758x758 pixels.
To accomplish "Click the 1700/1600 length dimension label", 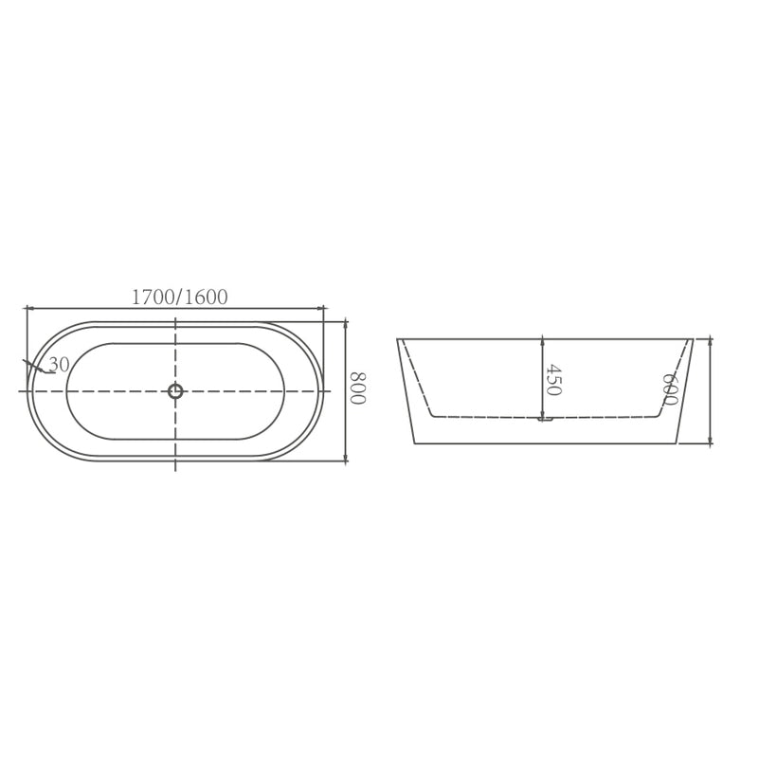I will pos(179,298).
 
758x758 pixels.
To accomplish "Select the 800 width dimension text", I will pos(357,388).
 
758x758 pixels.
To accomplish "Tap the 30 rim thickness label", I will pos(59,365).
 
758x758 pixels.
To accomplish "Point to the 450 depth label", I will pos(553,380).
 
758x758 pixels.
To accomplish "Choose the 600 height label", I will pos(670,389).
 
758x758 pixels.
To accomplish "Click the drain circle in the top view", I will pos(175,391).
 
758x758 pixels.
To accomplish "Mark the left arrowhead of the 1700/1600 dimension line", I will pos(29,308).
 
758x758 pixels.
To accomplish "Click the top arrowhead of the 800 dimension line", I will pos(346,325).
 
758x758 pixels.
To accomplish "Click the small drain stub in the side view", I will pos(545,420).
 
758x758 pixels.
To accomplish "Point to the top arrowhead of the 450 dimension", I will pos(542,342).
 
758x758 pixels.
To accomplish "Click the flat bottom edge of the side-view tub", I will pos(545,443).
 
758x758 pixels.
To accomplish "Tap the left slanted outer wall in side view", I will pos(406,390).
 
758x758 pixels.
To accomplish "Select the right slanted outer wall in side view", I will pos(684,390).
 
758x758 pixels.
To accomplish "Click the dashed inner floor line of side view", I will pos(493,417).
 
